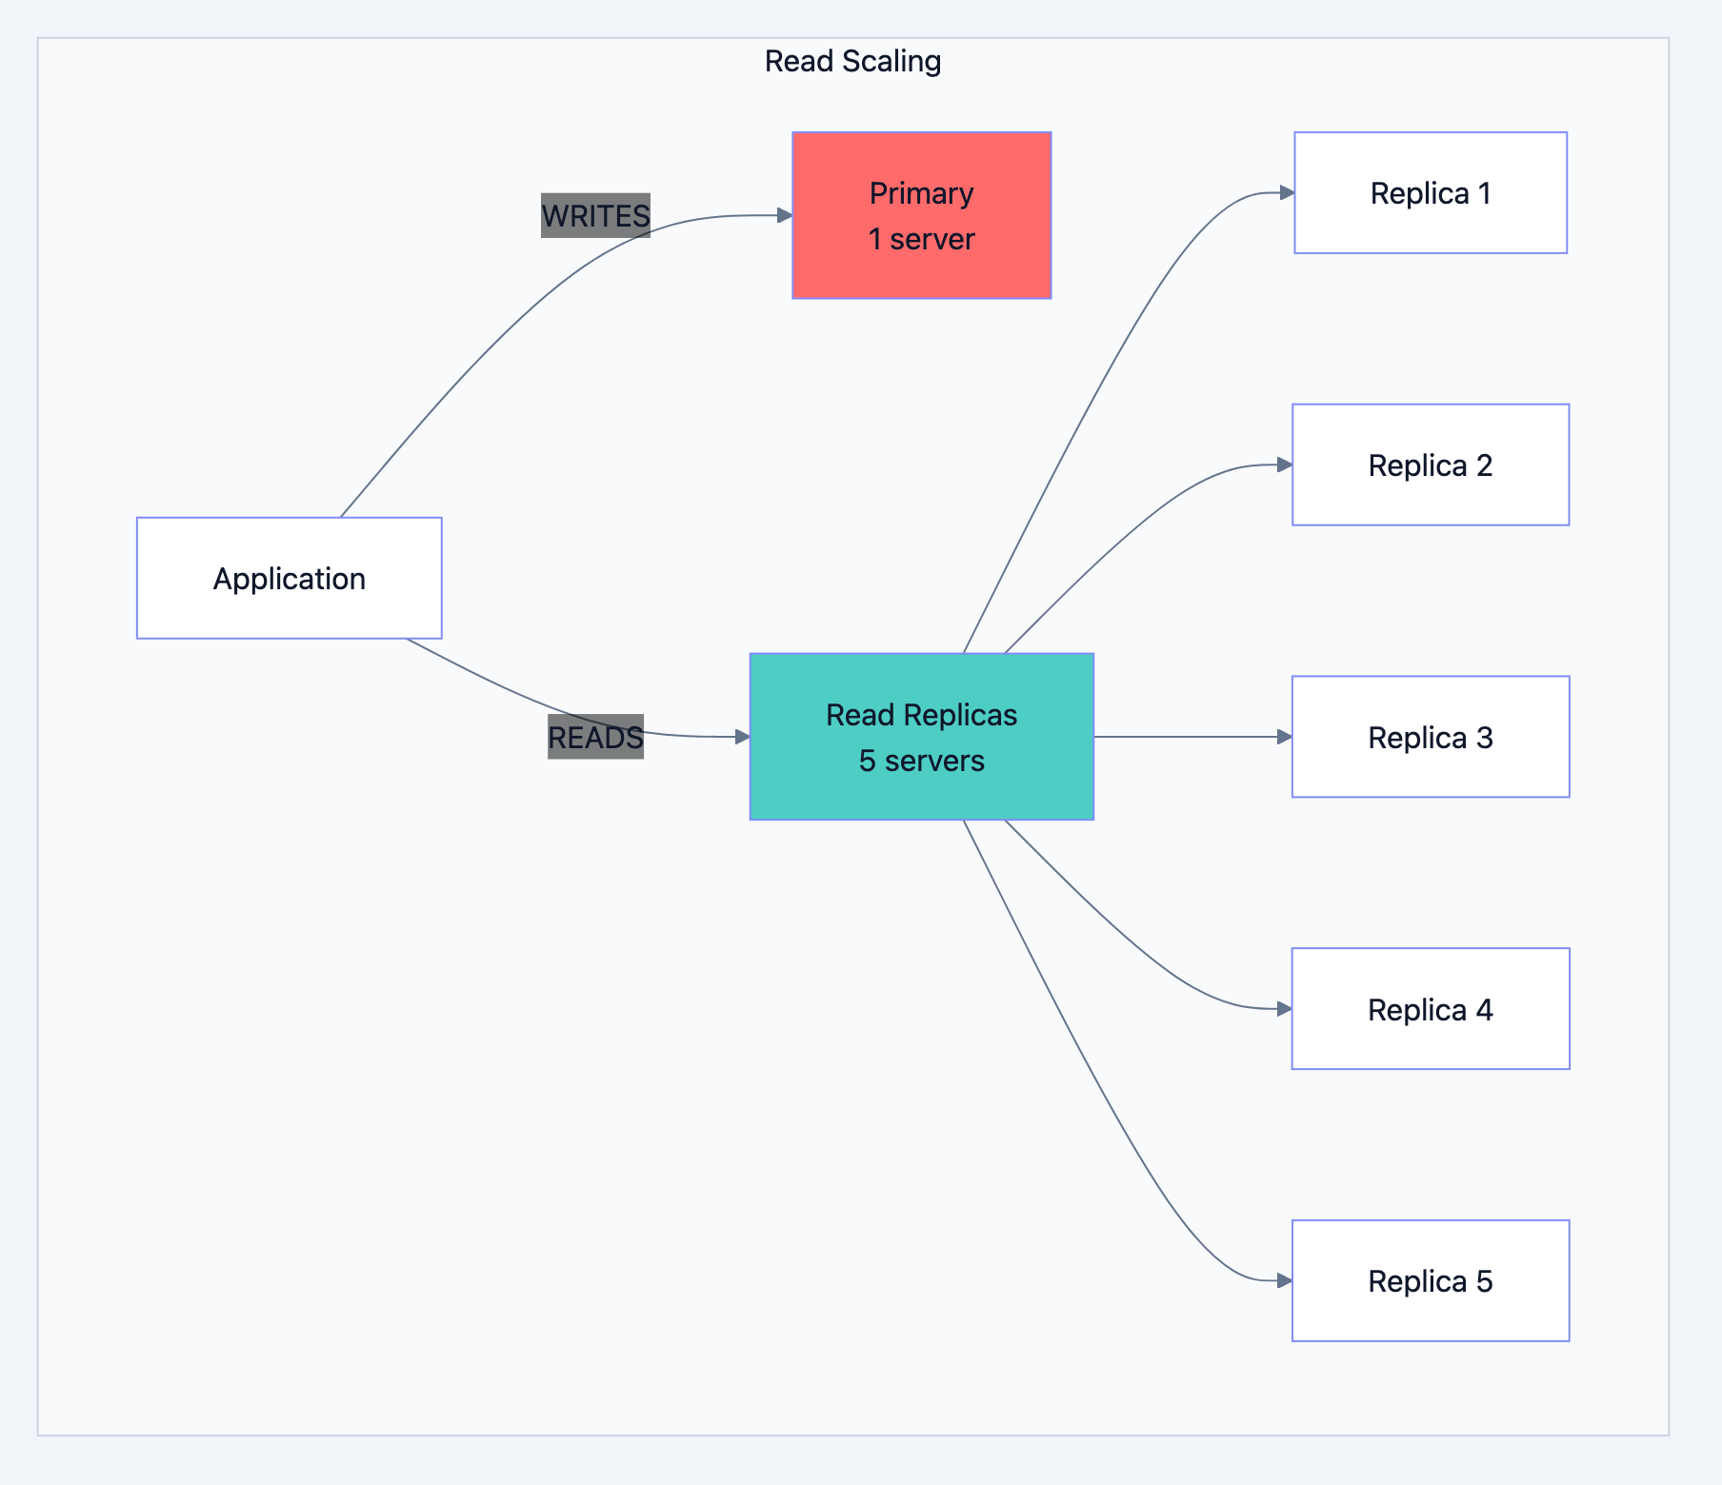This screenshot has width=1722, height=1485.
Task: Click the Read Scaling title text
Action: pyautogui.click(x=852, y=61)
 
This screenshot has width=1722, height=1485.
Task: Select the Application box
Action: pyautogui.click(x=289, y=578)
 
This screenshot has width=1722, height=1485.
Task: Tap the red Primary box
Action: pyautogui.click(x=921, y=215)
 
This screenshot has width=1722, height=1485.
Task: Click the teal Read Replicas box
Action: pyautogui.click(x=921, y=736)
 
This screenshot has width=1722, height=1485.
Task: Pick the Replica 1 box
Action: pyautogui.click(x=1430, y=193)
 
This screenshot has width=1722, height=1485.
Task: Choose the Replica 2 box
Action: pyautogui.click(x=1430, y=465)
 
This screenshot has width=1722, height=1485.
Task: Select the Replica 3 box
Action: pyautogui.click(x=1430, y=737)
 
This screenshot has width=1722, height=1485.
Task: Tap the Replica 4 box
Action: pyautogui.click(x=1430, y=1009)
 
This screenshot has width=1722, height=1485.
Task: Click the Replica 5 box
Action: pyautogui.click(x=1430, y=1280)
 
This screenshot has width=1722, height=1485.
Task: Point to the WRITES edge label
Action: pyautogui.click(x=595, y=216)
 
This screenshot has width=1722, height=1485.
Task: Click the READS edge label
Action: pyautogui.click(x=595, y=737)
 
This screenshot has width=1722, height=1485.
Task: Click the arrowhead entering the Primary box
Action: pyautogui.click(x=785, y=215)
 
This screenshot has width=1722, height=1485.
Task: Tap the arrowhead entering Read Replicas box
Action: pyautogui.click(x=742, y=737)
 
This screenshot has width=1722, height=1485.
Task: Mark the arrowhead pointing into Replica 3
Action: pyautogui.click(x=1284, y=737)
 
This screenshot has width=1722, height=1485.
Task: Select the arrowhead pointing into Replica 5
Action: pyautogui.click(x=1284, y=1280)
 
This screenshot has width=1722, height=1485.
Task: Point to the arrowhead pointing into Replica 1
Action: pyautogui.click(x=1286, y=193)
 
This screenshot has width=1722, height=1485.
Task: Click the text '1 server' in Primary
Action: pyautogui.click(x=921, y=239)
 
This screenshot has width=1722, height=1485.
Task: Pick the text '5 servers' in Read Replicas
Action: pyautogui.click(x=921, y=761)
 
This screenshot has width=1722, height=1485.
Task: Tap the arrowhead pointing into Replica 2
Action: pyautogui.click(x=1284, y=465)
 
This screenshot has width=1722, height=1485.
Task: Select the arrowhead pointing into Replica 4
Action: pyautogui.click(x=1284, y=1009)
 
